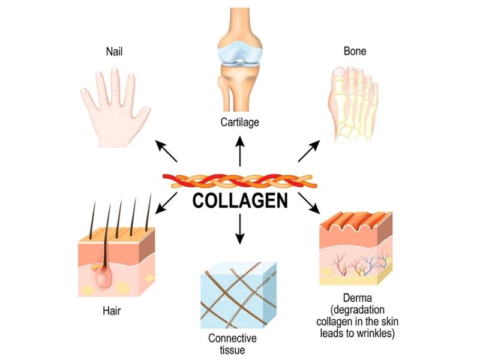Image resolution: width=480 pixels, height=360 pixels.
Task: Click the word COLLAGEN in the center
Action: tap(240, 200)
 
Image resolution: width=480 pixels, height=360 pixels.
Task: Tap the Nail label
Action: tap(116, 52)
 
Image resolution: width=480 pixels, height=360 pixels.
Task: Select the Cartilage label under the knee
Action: tap(239, 122)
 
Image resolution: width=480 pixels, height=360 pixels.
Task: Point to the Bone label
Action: tap(355, 52)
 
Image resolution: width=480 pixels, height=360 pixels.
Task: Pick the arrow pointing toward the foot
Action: tap(310, 151)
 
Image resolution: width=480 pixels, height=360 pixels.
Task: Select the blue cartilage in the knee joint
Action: tap(239, 55)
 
